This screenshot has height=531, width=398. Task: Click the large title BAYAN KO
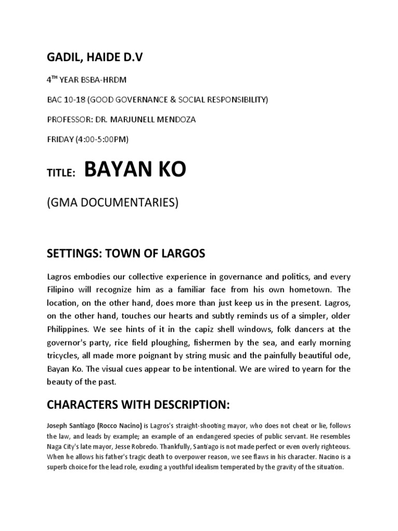(135, 170)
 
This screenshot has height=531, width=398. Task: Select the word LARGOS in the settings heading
(182, 254)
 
